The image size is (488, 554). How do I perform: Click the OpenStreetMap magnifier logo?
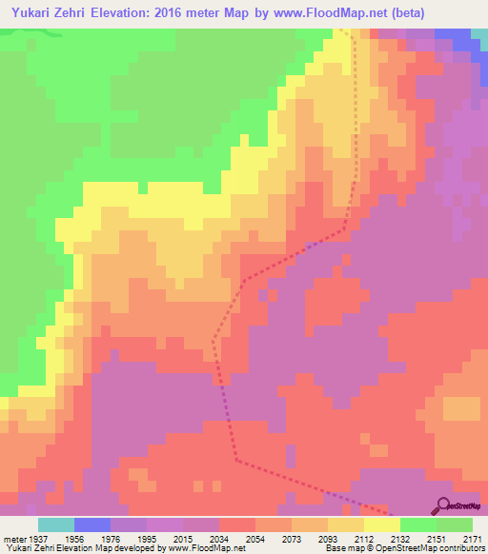[x=440, y=505]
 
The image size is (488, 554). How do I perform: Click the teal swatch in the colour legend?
[x=55, y=524]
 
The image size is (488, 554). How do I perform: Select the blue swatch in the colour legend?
[x=91, y=524]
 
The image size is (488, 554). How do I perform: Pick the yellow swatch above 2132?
[x=382, y=524]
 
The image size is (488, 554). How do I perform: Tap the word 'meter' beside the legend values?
[x=13, y=537]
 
